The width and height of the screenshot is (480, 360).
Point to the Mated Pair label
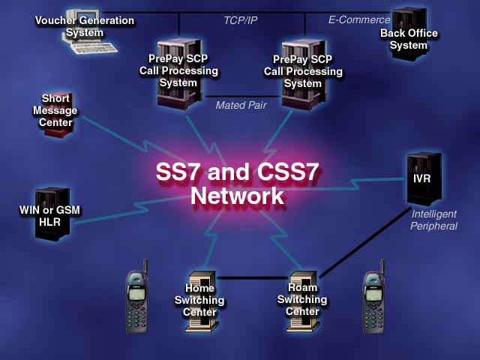pos(241,106)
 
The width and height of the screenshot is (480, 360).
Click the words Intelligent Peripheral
pos(433,220)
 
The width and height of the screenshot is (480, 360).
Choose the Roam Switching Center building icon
pos(301,298)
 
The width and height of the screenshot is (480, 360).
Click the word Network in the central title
pos(237,196)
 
